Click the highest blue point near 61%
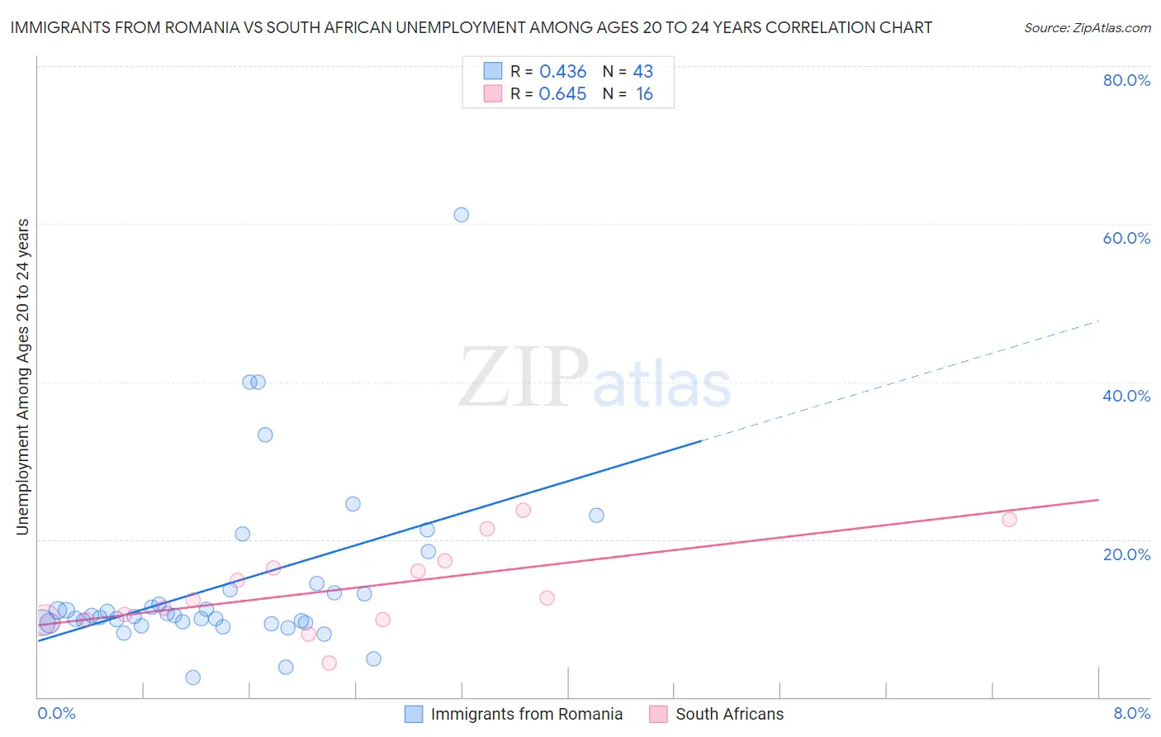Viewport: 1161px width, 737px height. (461, 215)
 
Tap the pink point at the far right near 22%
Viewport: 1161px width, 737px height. (1009, 520)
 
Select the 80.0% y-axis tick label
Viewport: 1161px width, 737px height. (1126, 80)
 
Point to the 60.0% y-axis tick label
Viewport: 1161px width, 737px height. (1126, 238)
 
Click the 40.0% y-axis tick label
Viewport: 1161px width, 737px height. (1126, 396)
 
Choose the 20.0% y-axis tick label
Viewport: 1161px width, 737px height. (1126, 554)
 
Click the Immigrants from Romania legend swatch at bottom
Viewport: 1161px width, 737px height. (414, 714)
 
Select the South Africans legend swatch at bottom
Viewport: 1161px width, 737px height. (658, 714)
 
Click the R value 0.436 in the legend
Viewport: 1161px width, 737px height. (562, 72)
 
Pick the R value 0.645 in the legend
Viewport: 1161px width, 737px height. (562, 94)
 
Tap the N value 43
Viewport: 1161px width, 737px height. (643, 72)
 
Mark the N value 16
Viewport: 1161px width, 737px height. (644, 94)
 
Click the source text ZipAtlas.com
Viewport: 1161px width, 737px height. (1088, 28)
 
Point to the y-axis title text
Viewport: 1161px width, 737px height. (23, 377)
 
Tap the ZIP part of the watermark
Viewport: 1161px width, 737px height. (524, 378)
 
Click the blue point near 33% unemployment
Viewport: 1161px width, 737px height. (265, 435)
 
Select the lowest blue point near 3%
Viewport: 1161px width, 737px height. (192, 678)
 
